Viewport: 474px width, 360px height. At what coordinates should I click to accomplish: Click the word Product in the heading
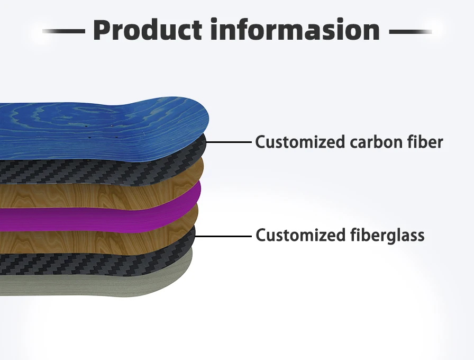148,30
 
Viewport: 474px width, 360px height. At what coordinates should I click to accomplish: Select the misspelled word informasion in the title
295,30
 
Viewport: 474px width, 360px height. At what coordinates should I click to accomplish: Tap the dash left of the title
63,32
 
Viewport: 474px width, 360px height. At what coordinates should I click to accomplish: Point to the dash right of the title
410,32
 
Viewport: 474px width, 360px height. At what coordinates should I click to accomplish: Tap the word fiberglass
387,235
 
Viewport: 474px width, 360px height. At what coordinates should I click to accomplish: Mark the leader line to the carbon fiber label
227,142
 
